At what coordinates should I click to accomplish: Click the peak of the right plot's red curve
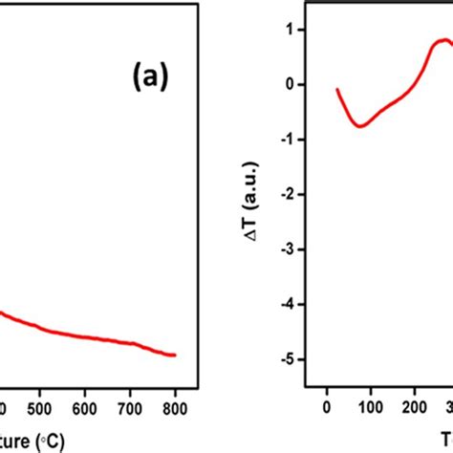[x=443, y=40]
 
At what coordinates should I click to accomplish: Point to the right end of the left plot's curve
[x=176, y=356]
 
